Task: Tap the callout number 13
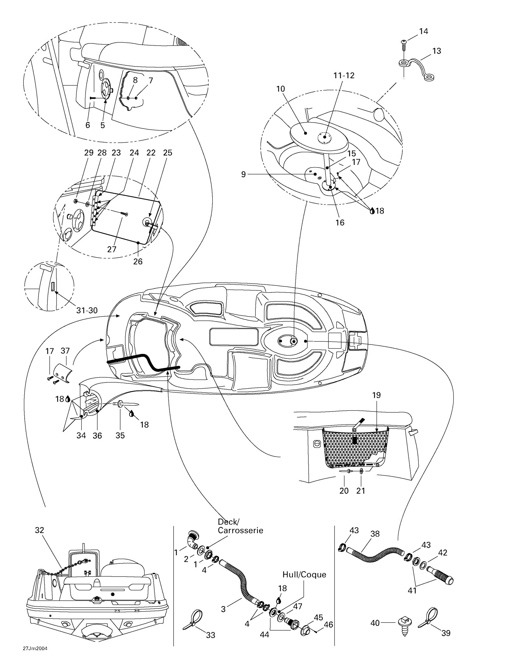[x=436, y=51]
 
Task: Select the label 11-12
[x=344, y=75]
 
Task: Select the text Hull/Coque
[x=304, y=574]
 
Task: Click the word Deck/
[x=228, y=522]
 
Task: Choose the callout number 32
[x=40, y=530]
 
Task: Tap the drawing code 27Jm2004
[x=35, y=657]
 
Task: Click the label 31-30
[x=87, y=310]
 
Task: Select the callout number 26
[x=138, y=261]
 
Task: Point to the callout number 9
[x=244, y=175]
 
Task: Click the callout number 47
[x=298, y=606]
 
